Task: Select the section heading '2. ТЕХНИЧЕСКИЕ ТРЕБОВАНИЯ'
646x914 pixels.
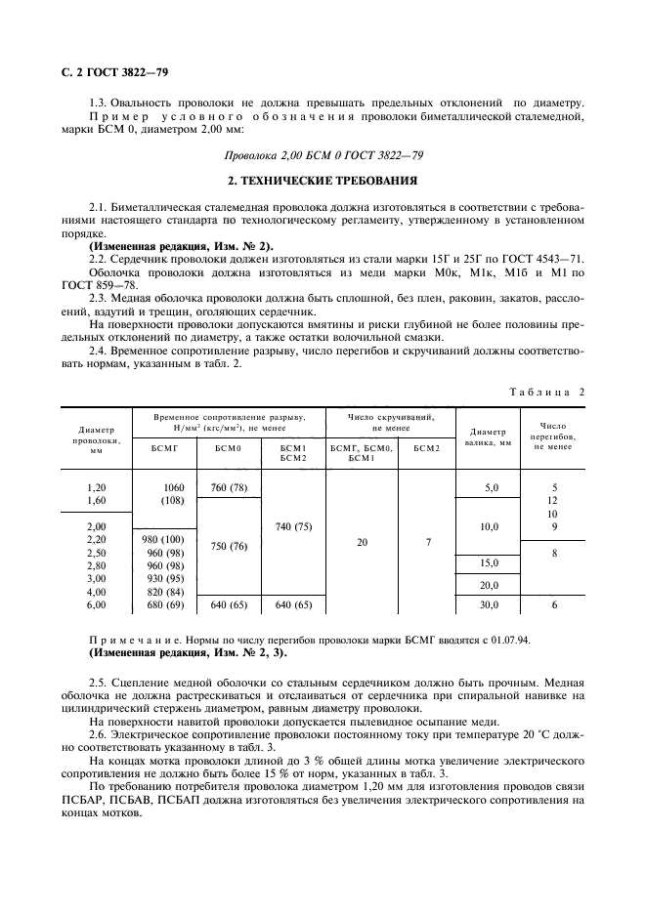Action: point(323,182)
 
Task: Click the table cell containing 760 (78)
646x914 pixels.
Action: point(229,486)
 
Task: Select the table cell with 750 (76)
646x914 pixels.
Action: point(229,547)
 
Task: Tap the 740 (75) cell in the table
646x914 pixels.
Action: point(293,526)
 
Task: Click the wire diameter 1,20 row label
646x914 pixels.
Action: point(96,486)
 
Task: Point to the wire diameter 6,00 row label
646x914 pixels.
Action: point(96,604)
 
